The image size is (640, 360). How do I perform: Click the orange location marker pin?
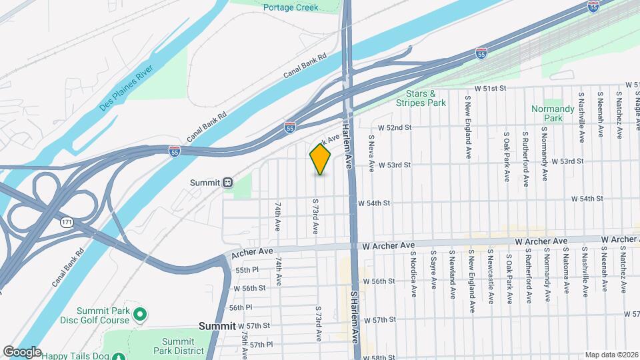click(x=320, y=159)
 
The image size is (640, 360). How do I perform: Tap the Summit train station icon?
click(x=228, y=182)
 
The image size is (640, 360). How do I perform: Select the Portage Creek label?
click(x=291, y=8)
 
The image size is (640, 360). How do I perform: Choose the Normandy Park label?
click(x=553, y=113)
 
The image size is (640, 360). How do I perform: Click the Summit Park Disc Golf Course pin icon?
click(x=140, y=313)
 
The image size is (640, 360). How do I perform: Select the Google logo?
click(x=22, y=351)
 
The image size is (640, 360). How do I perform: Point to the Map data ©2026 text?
click(x=611, y=355)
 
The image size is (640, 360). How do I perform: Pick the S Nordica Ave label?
click(x=413, y=274)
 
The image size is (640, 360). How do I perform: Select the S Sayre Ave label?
click(x=433, y=273)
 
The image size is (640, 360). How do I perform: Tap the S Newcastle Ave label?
click(x=490, y=275)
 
